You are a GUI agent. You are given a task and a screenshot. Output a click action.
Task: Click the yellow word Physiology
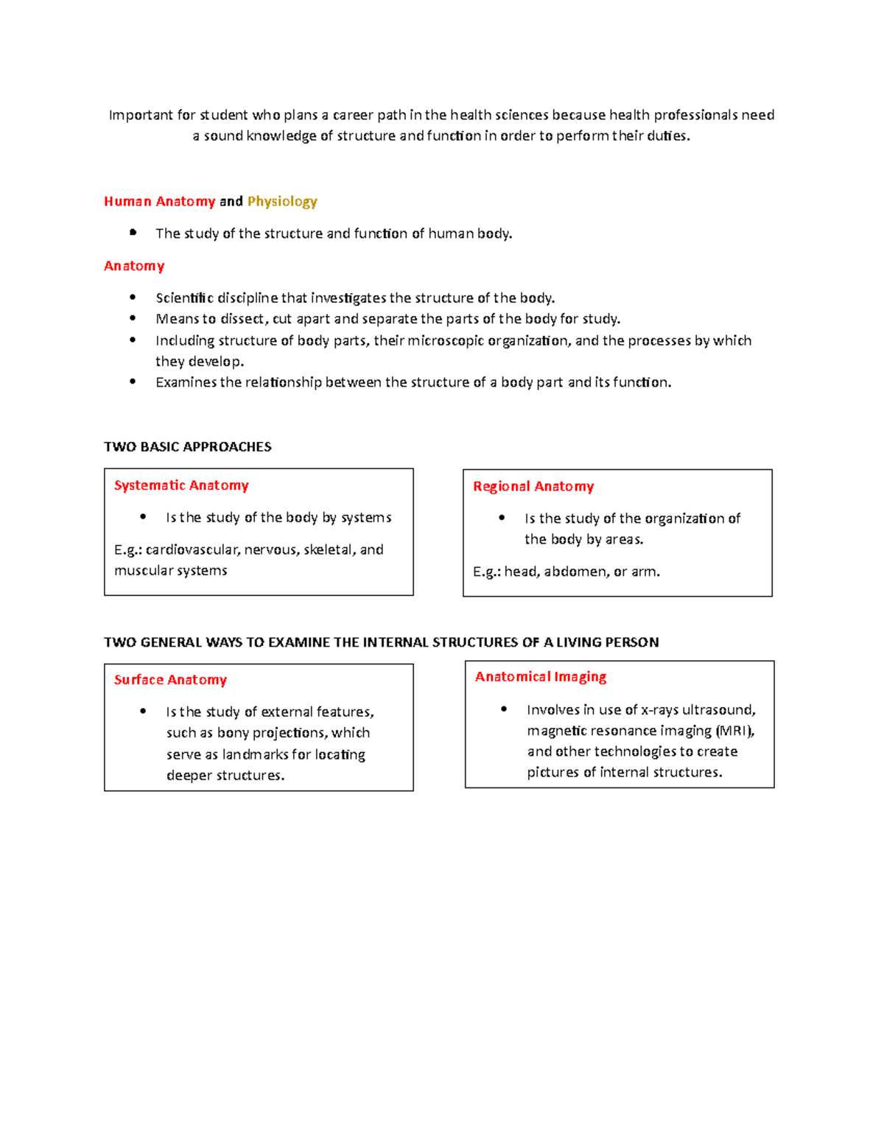click(282, 202)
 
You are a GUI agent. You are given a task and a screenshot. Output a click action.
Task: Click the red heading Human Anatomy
click(159, 202)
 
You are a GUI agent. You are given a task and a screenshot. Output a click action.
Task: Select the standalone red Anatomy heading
click(134, 266)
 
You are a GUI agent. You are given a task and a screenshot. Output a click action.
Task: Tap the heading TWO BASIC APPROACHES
click(188, 447)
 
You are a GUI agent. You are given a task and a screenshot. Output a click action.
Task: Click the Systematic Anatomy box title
click(181, 485)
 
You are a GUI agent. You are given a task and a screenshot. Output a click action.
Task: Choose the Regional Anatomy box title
click(533, 487)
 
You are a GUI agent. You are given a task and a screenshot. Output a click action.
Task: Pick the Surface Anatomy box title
click(170, 680)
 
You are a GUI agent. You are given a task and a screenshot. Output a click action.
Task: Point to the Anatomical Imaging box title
click(541, 677)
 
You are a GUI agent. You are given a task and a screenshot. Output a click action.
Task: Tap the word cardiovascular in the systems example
click(192, 550)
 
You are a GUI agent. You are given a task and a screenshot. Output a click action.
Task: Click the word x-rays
click(659, 710)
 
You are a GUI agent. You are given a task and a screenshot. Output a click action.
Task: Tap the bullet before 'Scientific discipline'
click(133, 298)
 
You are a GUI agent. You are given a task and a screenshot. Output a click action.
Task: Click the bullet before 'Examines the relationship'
click(133, 382)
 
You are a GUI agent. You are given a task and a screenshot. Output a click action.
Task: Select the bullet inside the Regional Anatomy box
click(502, 518)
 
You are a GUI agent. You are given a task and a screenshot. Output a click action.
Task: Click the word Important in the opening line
click(141, 115)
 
